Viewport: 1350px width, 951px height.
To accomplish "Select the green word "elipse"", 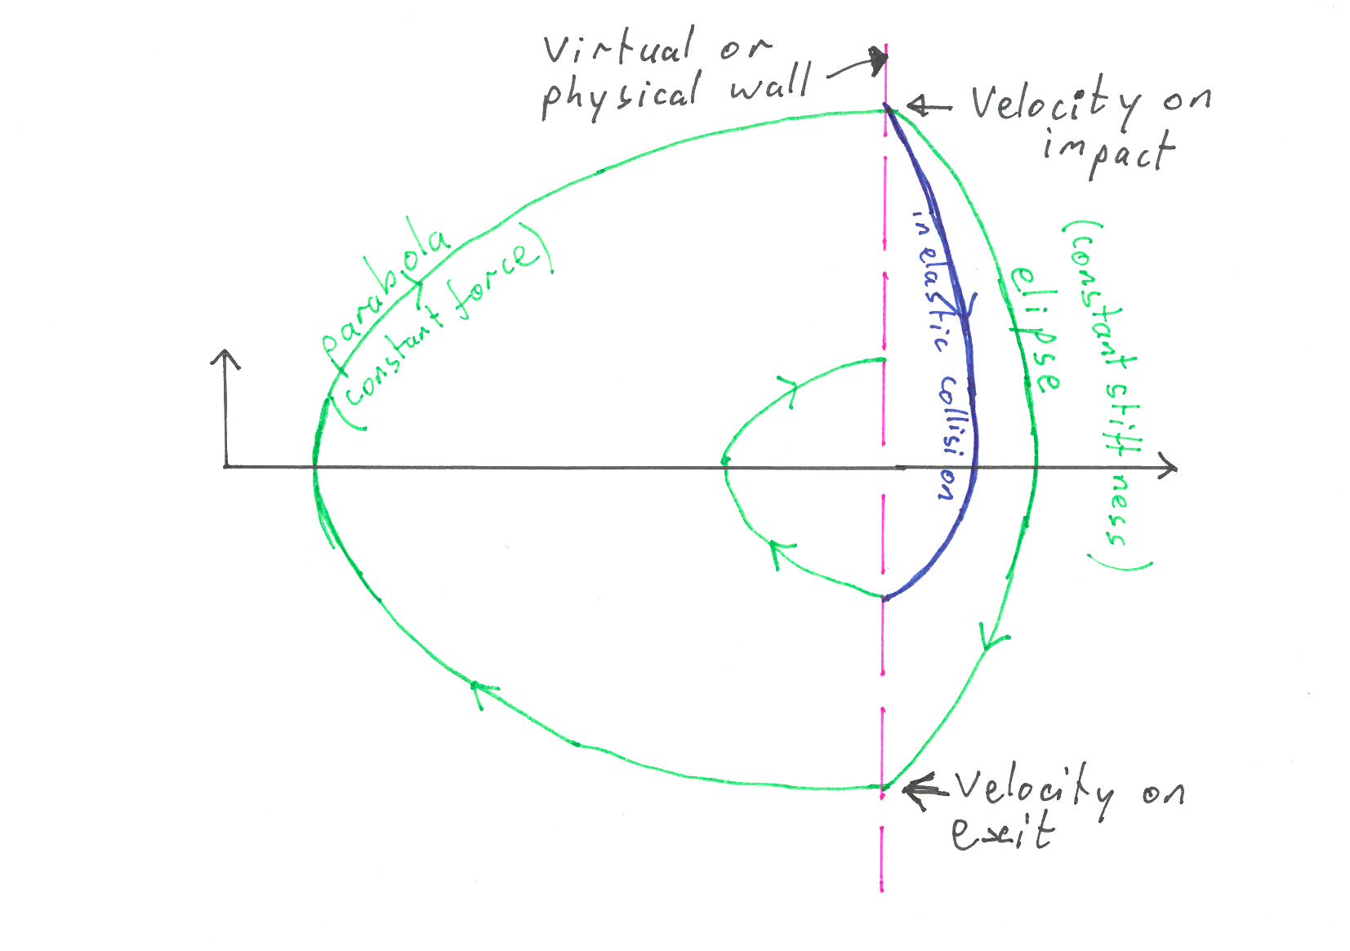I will [1034, 331].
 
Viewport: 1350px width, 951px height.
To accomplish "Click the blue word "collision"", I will [950, 437].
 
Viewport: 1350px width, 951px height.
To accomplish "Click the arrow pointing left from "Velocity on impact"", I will [923, 106].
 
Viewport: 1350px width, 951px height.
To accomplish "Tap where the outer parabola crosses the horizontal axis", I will [315, 467].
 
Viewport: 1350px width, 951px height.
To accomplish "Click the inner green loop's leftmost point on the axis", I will [724, 463].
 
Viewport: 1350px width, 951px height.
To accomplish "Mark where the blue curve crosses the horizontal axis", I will [974, 468].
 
